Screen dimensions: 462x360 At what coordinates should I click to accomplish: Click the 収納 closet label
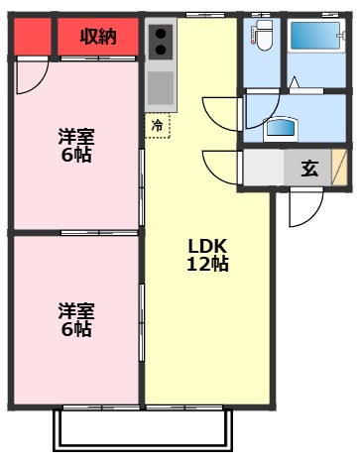[98, 37]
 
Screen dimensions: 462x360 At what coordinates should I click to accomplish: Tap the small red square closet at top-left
[31, 37]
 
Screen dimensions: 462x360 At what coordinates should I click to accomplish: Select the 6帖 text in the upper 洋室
[75, 156]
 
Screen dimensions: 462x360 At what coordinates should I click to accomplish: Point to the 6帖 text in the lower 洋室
[75, 329]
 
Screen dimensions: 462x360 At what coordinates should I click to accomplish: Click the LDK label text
[208, 246]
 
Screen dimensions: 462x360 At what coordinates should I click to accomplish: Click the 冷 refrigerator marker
[158, 126]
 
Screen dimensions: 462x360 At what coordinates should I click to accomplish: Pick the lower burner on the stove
[161, 54]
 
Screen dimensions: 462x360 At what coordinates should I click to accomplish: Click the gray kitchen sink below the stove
[161, 89]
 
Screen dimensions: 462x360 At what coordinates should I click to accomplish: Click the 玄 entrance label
[309, 169]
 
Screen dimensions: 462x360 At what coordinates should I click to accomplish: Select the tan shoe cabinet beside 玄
[339, 167]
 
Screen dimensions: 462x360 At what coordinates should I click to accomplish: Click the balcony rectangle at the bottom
[143, 428]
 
